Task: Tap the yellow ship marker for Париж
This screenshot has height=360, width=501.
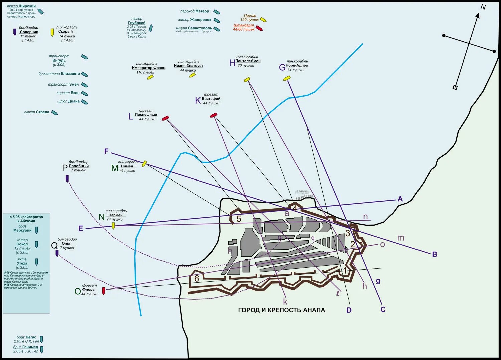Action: tap(263, 20)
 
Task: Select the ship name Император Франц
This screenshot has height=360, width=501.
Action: tap(149, 68)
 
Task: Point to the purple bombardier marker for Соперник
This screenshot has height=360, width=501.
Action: tap(15, 32)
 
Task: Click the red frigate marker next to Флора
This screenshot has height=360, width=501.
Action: tap(104, 291)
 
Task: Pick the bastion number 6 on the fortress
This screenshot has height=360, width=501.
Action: tap(197, 278)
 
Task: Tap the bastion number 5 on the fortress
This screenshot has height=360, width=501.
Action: tap(239, 219)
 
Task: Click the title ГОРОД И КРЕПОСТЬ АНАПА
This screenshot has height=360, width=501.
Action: tap(282, 310)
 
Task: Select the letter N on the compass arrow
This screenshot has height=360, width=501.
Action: tap(483, 7)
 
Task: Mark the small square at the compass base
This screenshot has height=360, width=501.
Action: tap(455, 87)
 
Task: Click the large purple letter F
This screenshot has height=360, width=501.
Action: tap(106, 151)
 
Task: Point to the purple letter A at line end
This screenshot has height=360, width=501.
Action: tap(400, 199)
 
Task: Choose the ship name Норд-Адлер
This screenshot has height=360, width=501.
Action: tap(297, 66)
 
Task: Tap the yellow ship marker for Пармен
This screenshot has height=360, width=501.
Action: tap(113, 226)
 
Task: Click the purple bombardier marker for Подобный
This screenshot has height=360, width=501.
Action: tap(67, 178)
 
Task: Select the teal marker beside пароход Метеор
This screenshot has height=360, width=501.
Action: tap(217, 12)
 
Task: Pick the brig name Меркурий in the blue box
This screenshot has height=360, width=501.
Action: tap(22, 230)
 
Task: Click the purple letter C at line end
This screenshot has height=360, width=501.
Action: tap(383, 309)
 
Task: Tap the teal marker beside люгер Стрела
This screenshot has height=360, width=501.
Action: tap(54, 113)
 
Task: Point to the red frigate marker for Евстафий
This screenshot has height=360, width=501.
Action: tap(214, 115)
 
